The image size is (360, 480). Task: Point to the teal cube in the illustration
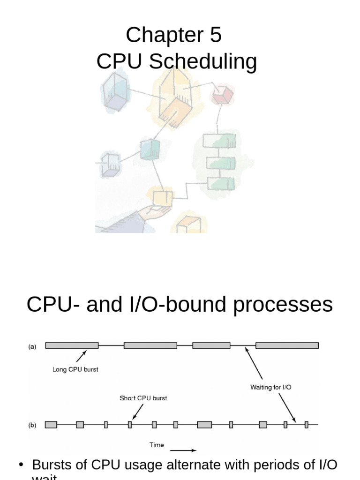coord(150,150)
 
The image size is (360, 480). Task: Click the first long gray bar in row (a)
coord(72,345)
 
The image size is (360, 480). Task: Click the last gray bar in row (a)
coord(287,345)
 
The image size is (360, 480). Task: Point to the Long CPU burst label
coord(75,369)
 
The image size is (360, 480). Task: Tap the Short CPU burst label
coord(143,398)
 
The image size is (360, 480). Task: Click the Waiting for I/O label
coord(271,388)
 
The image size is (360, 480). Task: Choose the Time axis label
coord(157,444)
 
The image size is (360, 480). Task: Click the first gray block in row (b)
coord(51,424)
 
